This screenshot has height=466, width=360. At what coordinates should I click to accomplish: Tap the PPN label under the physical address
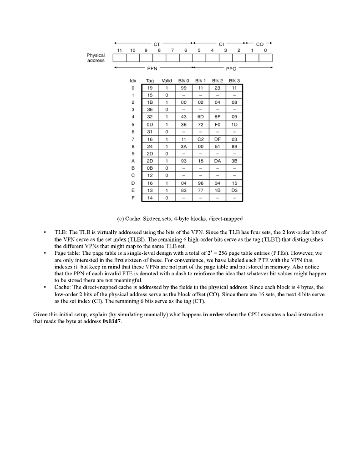(x=152, y=68)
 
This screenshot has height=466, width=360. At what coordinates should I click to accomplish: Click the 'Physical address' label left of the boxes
(x=96, y=58)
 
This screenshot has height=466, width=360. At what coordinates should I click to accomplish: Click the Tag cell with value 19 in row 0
(x=150, y=87)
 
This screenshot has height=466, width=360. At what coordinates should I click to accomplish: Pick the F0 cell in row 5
(x=217, y=124)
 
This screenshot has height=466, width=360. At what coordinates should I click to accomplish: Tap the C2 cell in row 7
(x=200, y=139)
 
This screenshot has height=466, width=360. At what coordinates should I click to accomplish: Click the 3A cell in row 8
(x=184, y=147)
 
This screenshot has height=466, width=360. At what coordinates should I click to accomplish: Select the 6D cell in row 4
(x=200, y=117)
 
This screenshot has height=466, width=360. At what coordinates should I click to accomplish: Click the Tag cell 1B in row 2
(x=150, y=102)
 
